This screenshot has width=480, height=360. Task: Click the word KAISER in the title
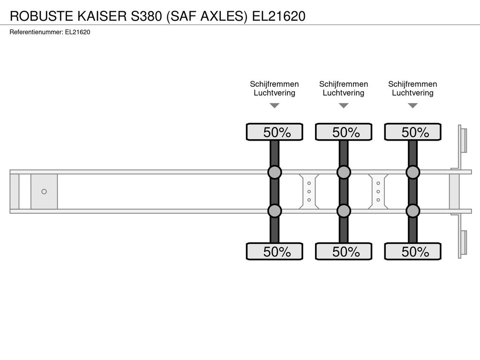point(102,16)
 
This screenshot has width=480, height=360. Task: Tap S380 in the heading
point(146,16)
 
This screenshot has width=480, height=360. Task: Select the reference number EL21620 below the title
point(77,32)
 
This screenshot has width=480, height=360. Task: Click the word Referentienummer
point(36,32)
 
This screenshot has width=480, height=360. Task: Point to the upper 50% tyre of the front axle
point(275,132)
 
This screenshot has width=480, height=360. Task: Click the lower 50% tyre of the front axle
point(275,251)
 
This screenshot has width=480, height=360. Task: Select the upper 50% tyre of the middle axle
point(344,132)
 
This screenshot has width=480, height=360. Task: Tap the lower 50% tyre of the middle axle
point(344,251)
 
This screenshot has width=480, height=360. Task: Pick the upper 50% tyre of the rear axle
point(413,132)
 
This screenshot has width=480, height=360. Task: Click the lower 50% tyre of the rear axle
point(413,251)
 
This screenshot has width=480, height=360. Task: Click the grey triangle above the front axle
point(275,105)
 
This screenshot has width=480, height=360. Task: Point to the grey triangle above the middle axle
point(344,105)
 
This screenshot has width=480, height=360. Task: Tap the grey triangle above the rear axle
point(413,105)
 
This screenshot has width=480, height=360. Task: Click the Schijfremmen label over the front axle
point(274,84)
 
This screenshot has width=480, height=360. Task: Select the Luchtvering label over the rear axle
point(412,93)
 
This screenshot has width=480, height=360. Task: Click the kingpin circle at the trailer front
point(44,192)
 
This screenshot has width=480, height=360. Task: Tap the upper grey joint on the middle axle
point(344,172)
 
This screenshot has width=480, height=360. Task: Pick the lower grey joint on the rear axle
point(413,211)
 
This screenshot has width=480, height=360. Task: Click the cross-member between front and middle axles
point(309,192)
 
